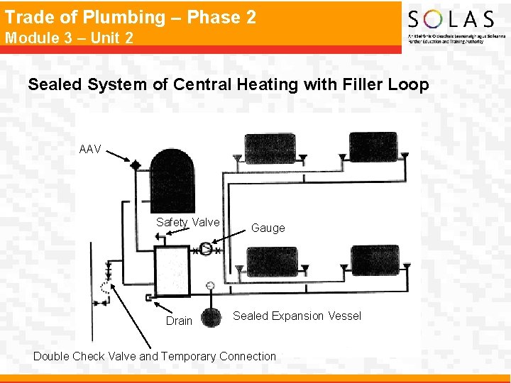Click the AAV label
pyautogui.click(x=90, y=150)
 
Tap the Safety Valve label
pyautogui.click(x=188, y=222)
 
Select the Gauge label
pyautogui.click(x=268, y=228)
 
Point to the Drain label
pyautogui.click(x=179, y=321)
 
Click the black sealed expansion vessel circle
pyautogui.click(x=211, y=317)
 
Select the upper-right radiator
pyautogui.click(x=373, y=146)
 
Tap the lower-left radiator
pyautogui.click(x=272, y=261)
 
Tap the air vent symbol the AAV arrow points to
pyautogui.click(x=136, y=165)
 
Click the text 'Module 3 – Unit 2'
pyautogui.click(x=69, y=38)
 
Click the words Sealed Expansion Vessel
pyautogui.click(x=297, y=316)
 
